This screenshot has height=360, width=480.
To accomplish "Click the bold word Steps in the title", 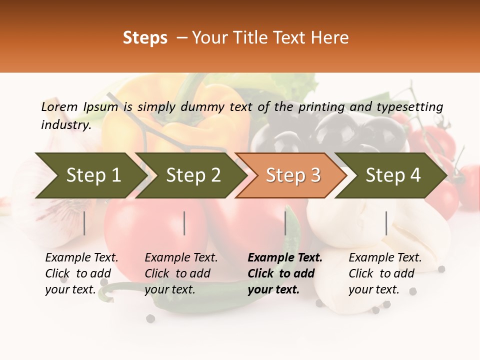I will pos(145,38).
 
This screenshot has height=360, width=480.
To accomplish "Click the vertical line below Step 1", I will pos(84,223).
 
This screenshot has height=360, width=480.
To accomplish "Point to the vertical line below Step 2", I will pos(184,223).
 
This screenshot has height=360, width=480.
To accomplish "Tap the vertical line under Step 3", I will pos(285,223).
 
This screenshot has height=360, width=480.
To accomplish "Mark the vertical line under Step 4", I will pos(386,223).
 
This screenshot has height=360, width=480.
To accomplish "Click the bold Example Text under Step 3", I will pos(285,258).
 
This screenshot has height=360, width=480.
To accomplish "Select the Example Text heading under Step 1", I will pos(81,258).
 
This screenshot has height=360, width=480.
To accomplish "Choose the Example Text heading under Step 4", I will pos(385,258).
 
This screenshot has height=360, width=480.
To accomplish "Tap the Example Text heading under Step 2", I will pos(181,258).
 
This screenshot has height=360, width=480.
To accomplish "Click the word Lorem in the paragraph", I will pos(59,107).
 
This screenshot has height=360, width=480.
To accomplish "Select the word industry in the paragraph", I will pos(65,125).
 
